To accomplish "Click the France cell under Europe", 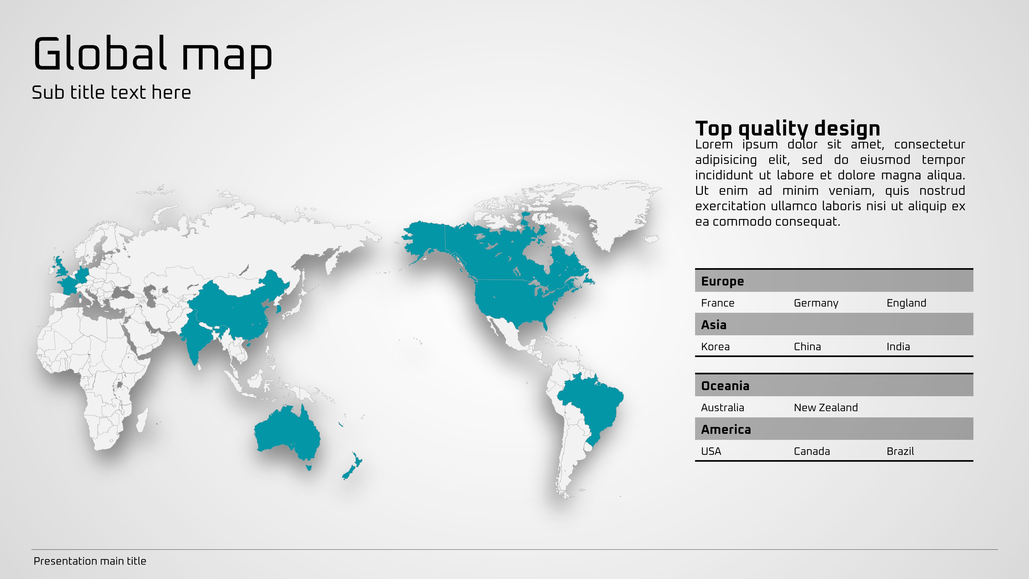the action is [x=717, y=303].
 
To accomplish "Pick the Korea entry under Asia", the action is [x=715, y=346].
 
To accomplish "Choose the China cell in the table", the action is [x=807, y=346].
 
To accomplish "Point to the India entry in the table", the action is [x=898, y=346].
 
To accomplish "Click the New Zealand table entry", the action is [x=826, y=408].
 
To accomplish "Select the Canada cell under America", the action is [x=812, y=451].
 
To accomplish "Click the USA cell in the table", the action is [x=711, y=451].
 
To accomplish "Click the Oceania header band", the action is [x=834, y=385].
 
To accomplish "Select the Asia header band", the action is [x=834, y=324].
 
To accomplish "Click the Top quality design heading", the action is [x=788, y=129].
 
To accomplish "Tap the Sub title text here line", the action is [x=111, y=92].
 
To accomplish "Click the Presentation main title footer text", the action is [x=90, y=561].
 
